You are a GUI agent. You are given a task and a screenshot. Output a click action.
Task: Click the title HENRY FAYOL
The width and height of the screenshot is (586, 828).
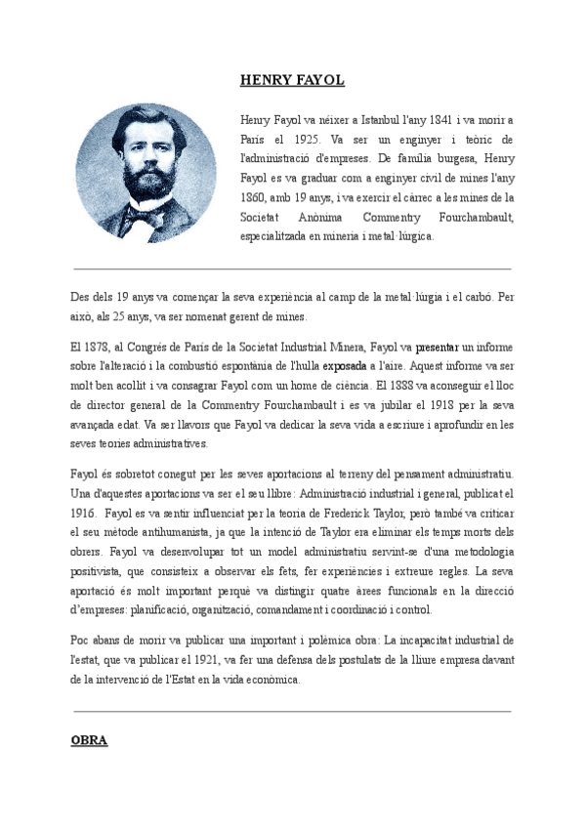292,80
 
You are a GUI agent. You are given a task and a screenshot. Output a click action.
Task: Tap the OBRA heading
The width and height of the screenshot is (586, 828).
89,740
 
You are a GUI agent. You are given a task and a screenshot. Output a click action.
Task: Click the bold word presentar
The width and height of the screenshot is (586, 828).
437,346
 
